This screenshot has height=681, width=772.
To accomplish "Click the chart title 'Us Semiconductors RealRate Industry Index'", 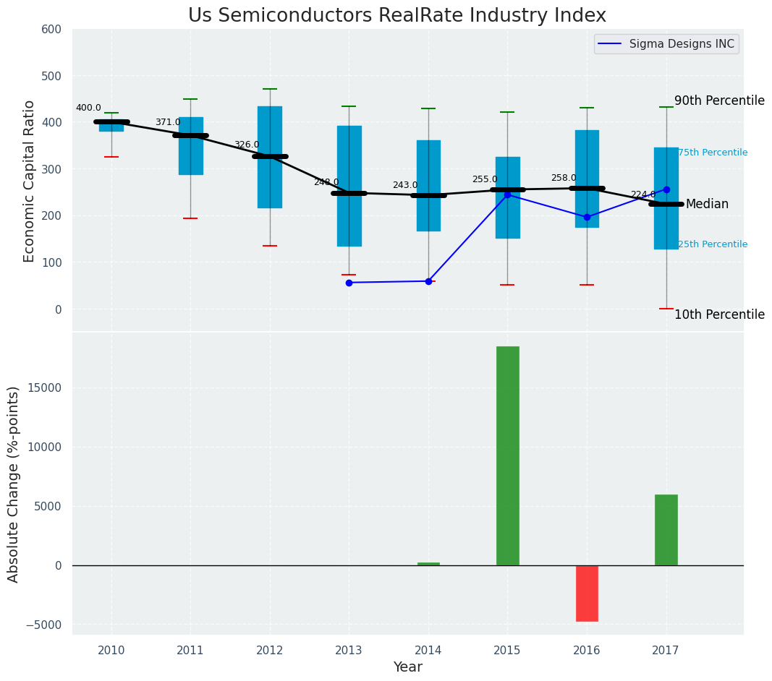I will point(396,16).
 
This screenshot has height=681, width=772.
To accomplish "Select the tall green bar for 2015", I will point(507,455).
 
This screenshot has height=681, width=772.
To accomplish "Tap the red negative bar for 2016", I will point(587,593).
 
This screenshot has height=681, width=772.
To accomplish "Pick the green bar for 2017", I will point(666,530).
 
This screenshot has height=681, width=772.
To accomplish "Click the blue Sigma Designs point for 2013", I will point(349,283).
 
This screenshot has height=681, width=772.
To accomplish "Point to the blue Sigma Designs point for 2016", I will point(587,217).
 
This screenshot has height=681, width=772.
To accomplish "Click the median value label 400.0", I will point(88,108).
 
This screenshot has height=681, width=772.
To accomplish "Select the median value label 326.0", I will point(247,145).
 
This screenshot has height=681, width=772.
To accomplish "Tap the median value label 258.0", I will point(564,178).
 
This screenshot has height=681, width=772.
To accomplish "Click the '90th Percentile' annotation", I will point(719,100).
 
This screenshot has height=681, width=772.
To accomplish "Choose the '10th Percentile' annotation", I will point(719,314).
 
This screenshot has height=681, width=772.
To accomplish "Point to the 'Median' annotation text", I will point(707,205).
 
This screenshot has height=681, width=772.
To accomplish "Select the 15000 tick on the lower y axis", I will point(45,387).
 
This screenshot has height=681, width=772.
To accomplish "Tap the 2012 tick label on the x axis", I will point(270,651).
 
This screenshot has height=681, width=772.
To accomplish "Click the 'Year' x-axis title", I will point(407,667).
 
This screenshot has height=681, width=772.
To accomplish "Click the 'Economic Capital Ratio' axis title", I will point(30,181).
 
